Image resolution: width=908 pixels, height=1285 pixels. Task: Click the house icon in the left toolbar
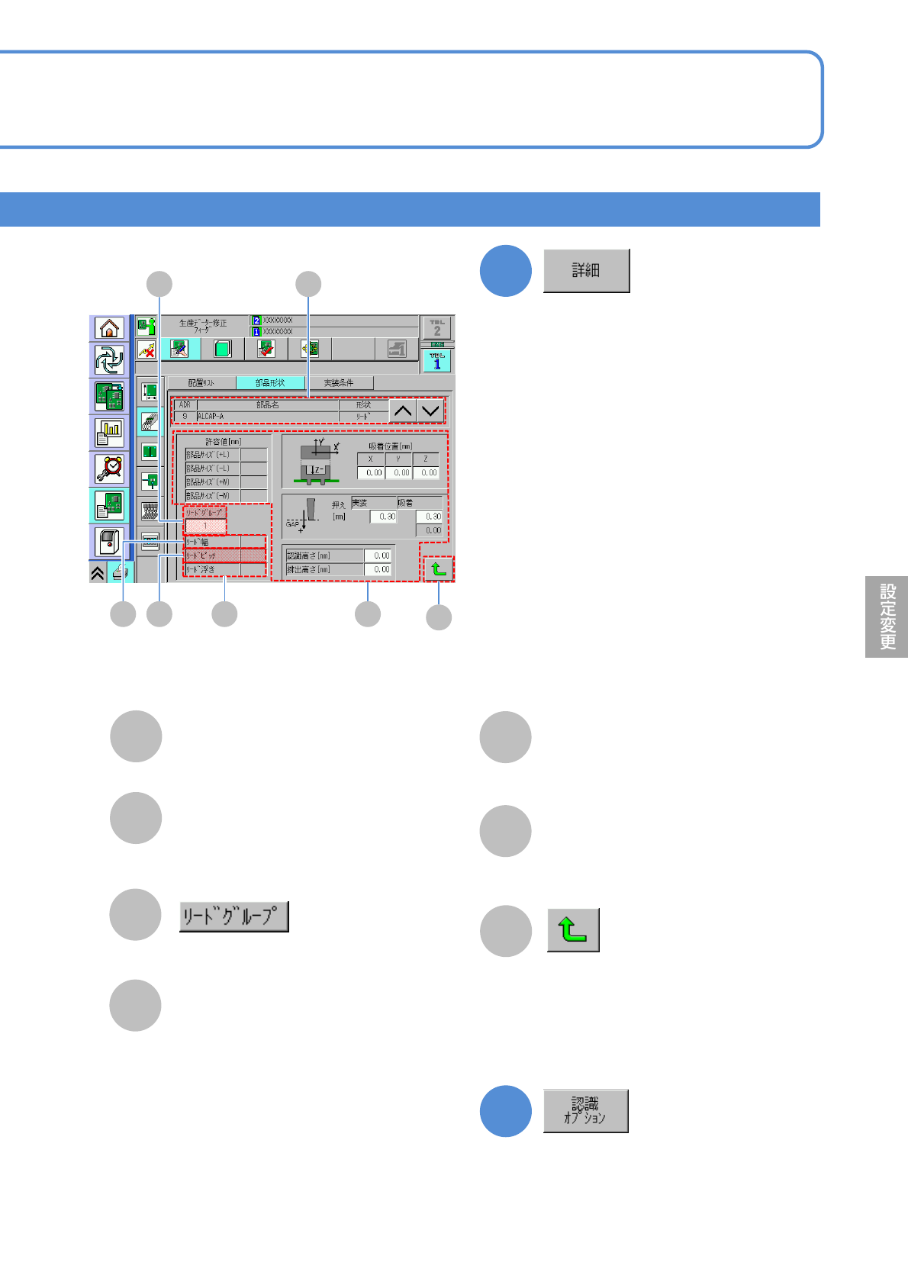point(109,328)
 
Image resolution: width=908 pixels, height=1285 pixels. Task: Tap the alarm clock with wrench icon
point(109,468)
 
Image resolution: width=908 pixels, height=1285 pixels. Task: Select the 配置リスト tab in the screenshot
point(201,383)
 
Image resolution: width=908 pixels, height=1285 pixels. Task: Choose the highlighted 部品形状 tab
point(270,383)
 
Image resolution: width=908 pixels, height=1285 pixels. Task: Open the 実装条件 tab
point(339,383)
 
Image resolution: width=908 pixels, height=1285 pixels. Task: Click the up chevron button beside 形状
point(402,411)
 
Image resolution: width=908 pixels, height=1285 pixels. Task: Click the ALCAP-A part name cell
point(267,417)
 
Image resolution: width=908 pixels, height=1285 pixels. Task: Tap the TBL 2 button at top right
point(437,328)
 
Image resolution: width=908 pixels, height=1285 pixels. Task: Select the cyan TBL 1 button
point(437,361)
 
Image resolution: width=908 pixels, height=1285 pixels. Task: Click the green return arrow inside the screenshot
point(438,568)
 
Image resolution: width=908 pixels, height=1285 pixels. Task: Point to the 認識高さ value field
point(378,556)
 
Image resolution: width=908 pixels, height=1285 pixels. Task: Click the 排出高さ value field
point(378,569)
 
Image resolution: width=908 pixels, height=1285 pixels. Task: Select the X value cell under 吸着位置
point(371,473)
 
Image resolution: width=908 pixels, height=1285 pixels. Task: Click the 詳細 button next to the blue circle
point(586,270)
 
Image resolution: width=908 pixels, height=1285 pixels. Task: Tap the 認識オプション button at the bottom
point(585,1111)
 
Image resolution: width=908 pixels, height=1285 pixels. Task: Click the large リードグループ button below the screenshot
point(233,916)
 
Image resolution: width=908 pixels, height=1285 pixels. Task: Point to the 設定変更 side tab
point(887,617)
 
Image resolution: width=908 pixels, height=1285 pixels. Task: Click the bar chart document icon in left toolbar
point(109,431)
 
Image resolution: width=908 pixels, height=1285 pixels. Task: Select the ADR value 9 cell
point(185,417)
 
